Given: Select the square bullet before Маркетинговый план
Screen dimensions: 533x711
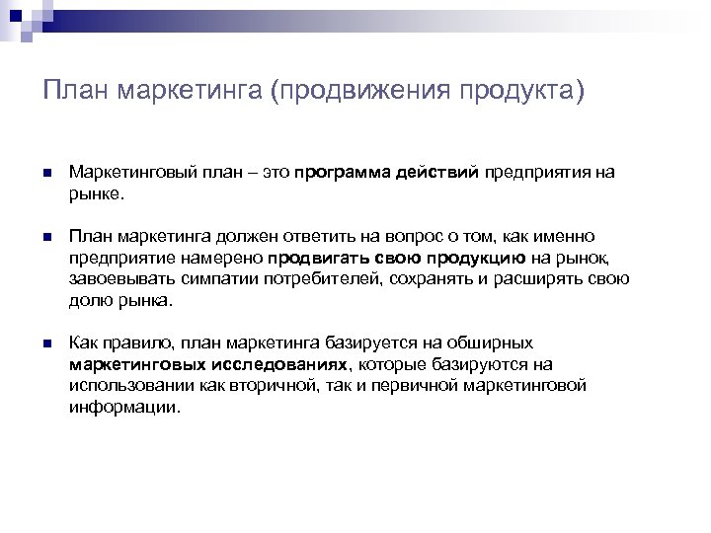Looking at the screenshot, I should [x=46, y=173].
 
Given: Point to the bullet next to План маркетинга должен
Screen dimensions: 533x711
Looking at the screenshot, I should [x=46, y=237].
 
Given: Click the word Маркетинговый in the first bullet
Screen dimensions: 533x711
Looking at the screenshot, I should [x=127, y=173].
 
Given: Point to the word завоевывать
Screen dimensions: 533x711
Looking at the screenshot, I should [x=116, y=279].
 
